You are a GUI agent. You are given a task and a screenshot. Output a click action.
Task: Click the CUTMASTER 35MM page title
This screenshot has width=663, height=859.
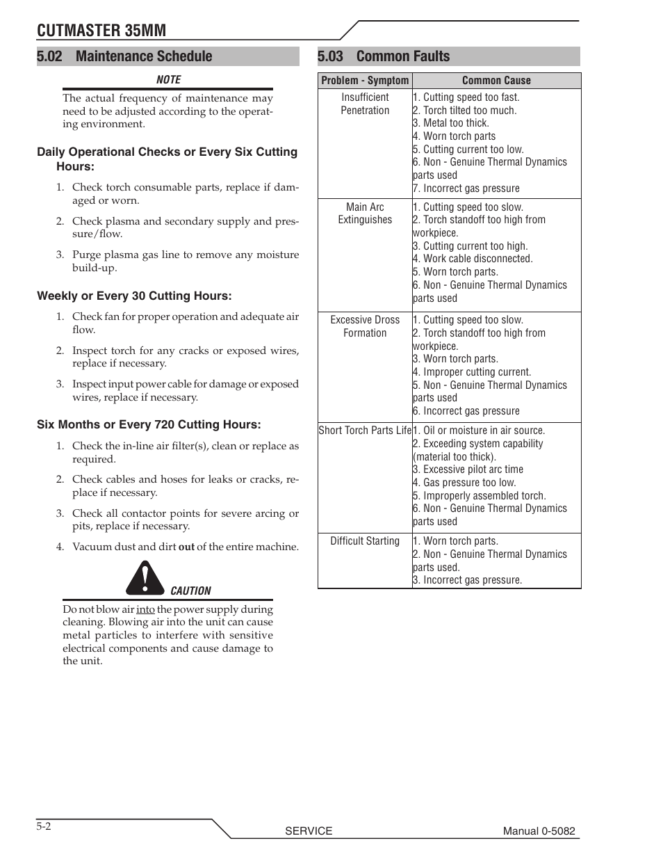[101, 29]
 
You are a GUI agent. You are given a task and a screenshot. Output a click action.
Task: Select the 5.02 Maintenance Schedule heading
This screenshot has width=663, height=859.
[125, 56]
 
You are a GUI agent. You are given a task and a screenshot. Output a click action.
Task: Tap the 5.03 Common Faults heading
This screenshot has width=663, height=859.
[384, 56]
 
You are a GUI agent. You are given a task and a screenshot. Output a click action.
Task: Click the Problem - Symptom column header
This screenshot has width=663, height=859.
[365, 81]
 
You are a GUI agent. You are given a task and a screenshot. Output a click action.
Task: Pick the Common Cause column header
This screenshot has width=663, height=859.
[496, 81]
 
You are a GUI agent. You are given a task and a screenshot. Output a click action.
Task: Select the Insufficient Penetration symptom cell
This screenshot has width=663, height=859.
[365, 104]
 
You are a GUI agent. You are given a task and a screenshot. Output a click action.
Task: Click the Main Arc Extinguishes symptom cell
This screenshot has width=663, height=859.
[365, 214]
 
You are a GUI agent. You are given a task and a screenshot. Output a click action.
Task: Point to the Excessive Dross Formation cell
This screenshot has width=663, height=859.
[365, 326]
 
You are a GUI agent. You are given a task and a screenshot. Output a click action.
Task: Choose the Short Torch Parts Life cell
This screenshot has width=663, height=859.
[365, 431]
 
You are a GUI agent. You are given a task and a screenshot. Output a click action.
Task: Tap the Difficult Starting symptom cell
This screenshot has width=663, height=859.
[365, 541]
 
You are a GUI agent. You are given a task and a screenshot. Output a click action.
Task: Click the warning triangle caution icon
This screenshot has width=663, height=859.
[145, 579]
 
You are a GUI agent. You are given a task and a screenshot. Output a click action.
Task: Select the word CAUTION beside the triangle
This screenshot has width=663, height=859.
[190, 591]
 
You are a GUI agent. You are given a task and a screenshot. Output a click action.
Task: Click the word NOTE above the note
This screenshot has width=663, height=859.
[168, 80]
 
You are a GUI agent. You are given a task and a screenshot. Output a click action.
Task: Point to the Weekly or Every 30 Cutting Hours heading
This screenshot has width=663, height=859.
[134, 296]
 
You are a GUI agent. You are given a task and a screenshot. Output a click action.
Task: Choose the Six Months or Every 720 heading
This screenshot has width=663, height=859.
[149, 425]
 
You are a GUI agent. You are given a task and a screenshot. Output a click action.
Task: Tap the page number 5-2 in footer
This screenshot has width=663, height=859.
[44, 826]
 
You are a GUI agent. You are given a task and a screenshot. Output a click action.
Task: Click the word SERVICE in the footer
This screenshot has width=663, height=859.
[309, 830]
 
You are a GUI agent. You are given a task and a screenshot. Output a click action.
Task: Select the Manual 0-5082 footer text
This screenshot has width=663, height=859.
[539, 830]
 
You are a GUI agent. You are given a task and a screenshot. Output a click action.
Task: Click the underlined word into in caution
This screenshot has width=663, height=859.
[145, 609]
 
